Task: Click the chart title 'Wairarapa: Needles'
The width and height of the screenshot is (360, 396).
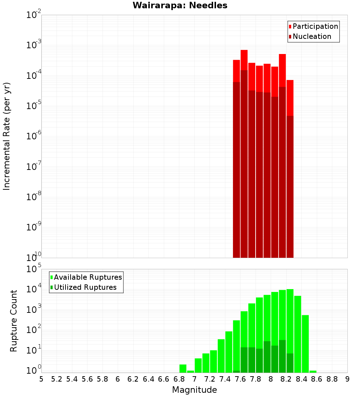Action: [180, 5]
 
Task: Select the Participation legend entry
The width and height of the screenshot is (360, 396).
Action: [315, 26]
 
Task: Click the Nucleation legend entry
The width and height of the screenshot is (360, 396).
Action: [311, 36]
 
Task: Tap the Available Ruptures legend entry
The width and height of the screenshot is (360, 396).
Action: [87, 277]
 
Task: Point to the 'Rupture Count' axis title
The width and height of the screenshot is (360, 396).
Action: [14, 321]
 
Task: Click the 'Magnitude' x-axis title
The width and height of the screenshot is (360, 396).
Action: [194, 390]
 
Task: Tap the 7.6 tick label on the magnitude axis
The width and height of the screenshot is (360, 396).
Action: [240, 379]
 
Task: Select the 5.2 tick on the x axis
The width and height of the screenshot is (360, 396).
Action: [57, 379]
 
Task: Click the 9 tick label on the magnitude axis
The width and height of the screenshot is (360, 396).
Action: [347, 379]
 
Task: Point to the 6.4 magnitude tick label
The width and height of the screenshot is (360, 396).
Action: [148, 379]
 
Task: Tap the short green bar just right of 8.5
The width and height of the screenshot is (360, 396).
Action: [313, 372]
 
